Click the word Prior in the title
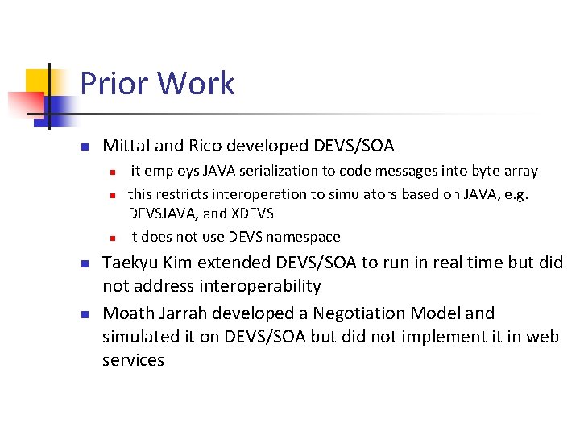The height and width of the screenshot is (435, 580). [x=115, y=84]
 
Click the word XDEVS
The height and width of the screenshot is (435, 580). [x=251, y=213]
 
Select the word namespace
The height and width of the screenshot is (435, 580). [x=302, y=237]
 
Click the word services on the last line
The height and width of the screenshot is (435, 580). [x=133, y=360]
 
